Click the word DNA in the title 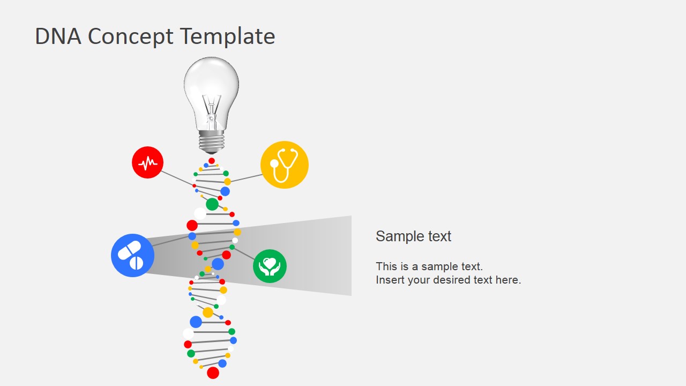(58, 36)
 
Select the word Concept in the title (130, 38)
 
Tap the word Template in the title (227, 37)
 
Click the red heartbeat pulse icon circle (147, 162)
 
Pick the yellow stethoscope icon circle (285, 165)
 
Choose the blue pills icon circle (132, 256)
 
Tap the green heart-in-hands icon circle (270, 266)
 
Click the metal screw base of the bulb (211, 142)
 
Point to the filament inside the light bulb (211, 110)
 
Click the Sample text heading (413, 236)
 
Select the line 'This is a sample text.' (429, 266)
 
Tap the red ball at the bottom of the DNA (213, 373)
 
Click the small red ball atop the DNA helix (212, 161)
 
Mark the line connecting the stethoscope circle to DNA (246, 178)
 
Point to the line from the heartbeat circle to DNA (177, 179)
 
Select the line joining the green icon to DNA (244, 254)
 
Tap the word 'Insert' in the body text (387, 280)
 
